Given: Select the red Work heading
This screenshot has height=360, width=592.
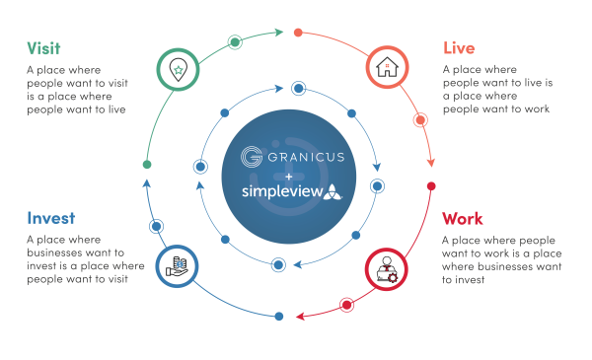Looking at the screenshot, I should pyautogui.click(x=463, y=219).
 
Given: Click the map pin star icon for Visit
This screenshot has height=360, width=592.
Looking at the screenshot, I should pyautogui.click(x=176, y=69).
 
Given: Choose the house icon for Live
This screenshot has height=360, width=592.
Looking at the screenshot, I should pyautogui.click(x=387, y=68).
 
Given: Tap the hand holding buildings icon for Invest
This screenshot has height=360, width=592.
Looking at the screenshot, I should pyautogui.click(x=175, y=265).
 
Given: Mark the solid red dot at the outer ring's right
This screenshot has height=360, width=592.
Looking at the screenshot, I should pyautogui.click(x=431, y=186).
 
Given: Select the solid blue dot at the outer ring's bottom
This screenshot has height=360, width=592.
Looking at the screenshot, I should pyautogui.click(x=279, y=317).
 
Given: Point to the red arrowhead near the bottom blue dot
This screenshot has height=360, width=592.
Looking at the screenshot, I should pyautogui.click(x=301, y=317).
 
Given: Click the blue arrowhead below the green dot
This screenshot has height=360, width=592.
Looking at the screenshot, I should pyautogui.click(x=147, y=183).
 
